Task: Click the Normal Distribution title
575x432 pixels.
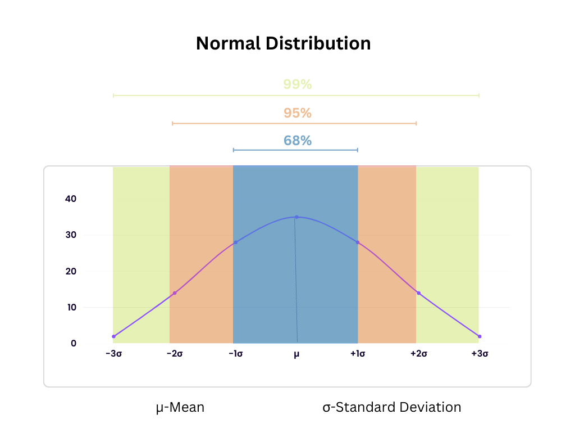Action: [283, 43]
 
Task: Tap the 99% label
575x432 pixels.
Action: [297, 84]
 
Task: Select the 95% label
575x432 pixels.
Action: [297, 113]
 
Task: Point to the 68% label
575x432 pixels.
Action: [297, 141]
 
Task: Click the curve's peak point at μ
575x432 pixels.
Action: [296, 217]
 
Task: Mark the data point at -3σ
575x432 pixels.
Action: [113, 336]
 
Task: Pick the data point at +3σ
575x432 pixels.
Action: [479, 336]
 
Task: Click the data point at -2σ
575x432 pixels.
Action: [175, 293]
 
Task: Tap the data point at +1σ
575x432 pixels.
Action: [358, 242]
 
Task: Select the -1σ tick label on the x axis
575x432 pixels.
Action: [235, 354]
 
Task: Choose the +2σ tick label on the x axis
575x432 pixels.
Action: [418, 354]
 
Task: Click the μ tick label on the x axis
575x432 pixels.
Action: [296, 354]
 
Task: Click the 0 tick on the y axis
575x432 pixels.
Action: [73, 343]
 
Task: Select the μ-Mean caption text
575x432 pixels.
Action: [180, 407]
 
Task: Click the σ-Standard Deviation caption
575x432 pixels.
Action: [392, 407]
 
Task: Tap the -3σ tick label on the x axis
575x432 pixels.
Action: [113, 354]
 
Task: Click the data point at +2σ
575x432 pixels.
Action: [418, 293]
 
